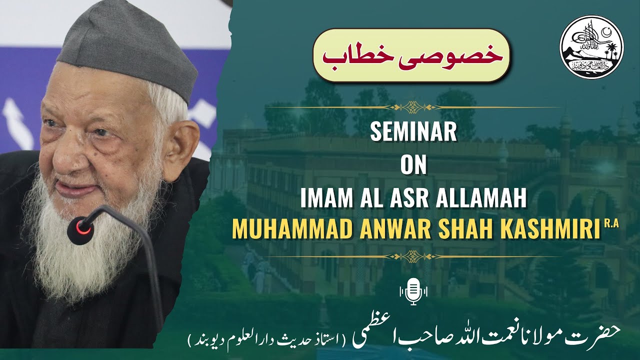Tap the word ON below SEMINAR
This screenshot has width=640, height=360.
pyautogui.click(x=413, y=166)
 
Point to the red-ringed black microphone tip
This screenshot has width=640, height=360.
pyautogui.click(x=81, y=230)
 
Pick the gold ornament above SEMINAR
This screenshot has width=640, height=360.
pyautogui.click(x=413, y=106)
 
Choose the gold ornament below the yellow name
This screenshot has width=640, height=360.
pyautogui.click(x=413, y=255)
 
